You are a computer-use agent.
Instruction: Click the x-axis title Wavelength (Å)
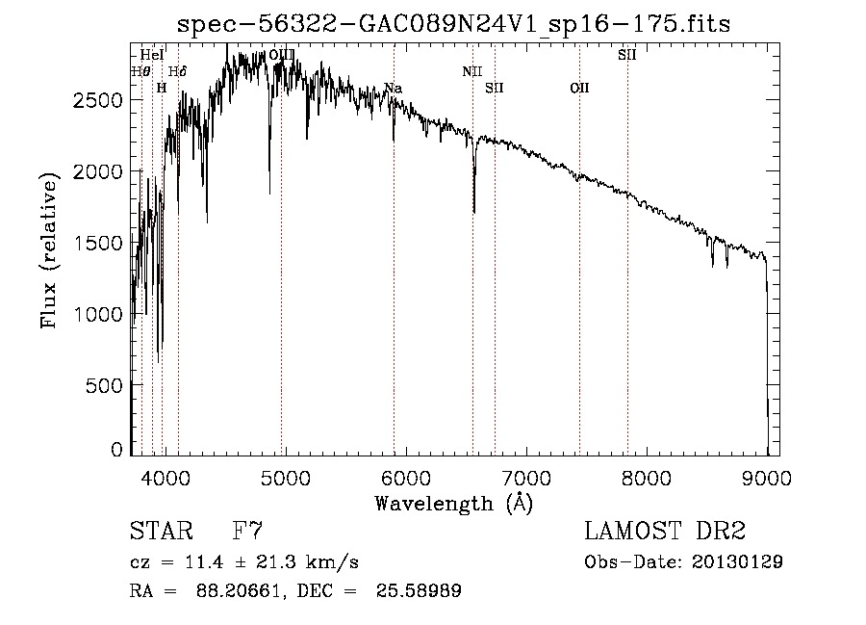click(453, 503)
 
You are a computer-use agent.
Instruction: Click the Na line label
click(393, 89)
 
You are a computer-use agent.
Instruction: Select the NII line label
click(471, 71)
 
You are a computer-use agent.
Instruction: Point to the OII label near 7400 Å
click(579, 89)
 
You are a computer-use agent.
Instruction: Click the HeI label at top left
click(152, 55)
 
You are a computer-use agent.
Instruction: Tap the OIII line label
click(282, 55)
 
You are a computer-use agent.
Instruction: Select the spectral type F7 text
click(248, 532)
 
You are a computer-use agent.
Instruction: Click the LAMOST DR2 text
click(665, 532)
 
